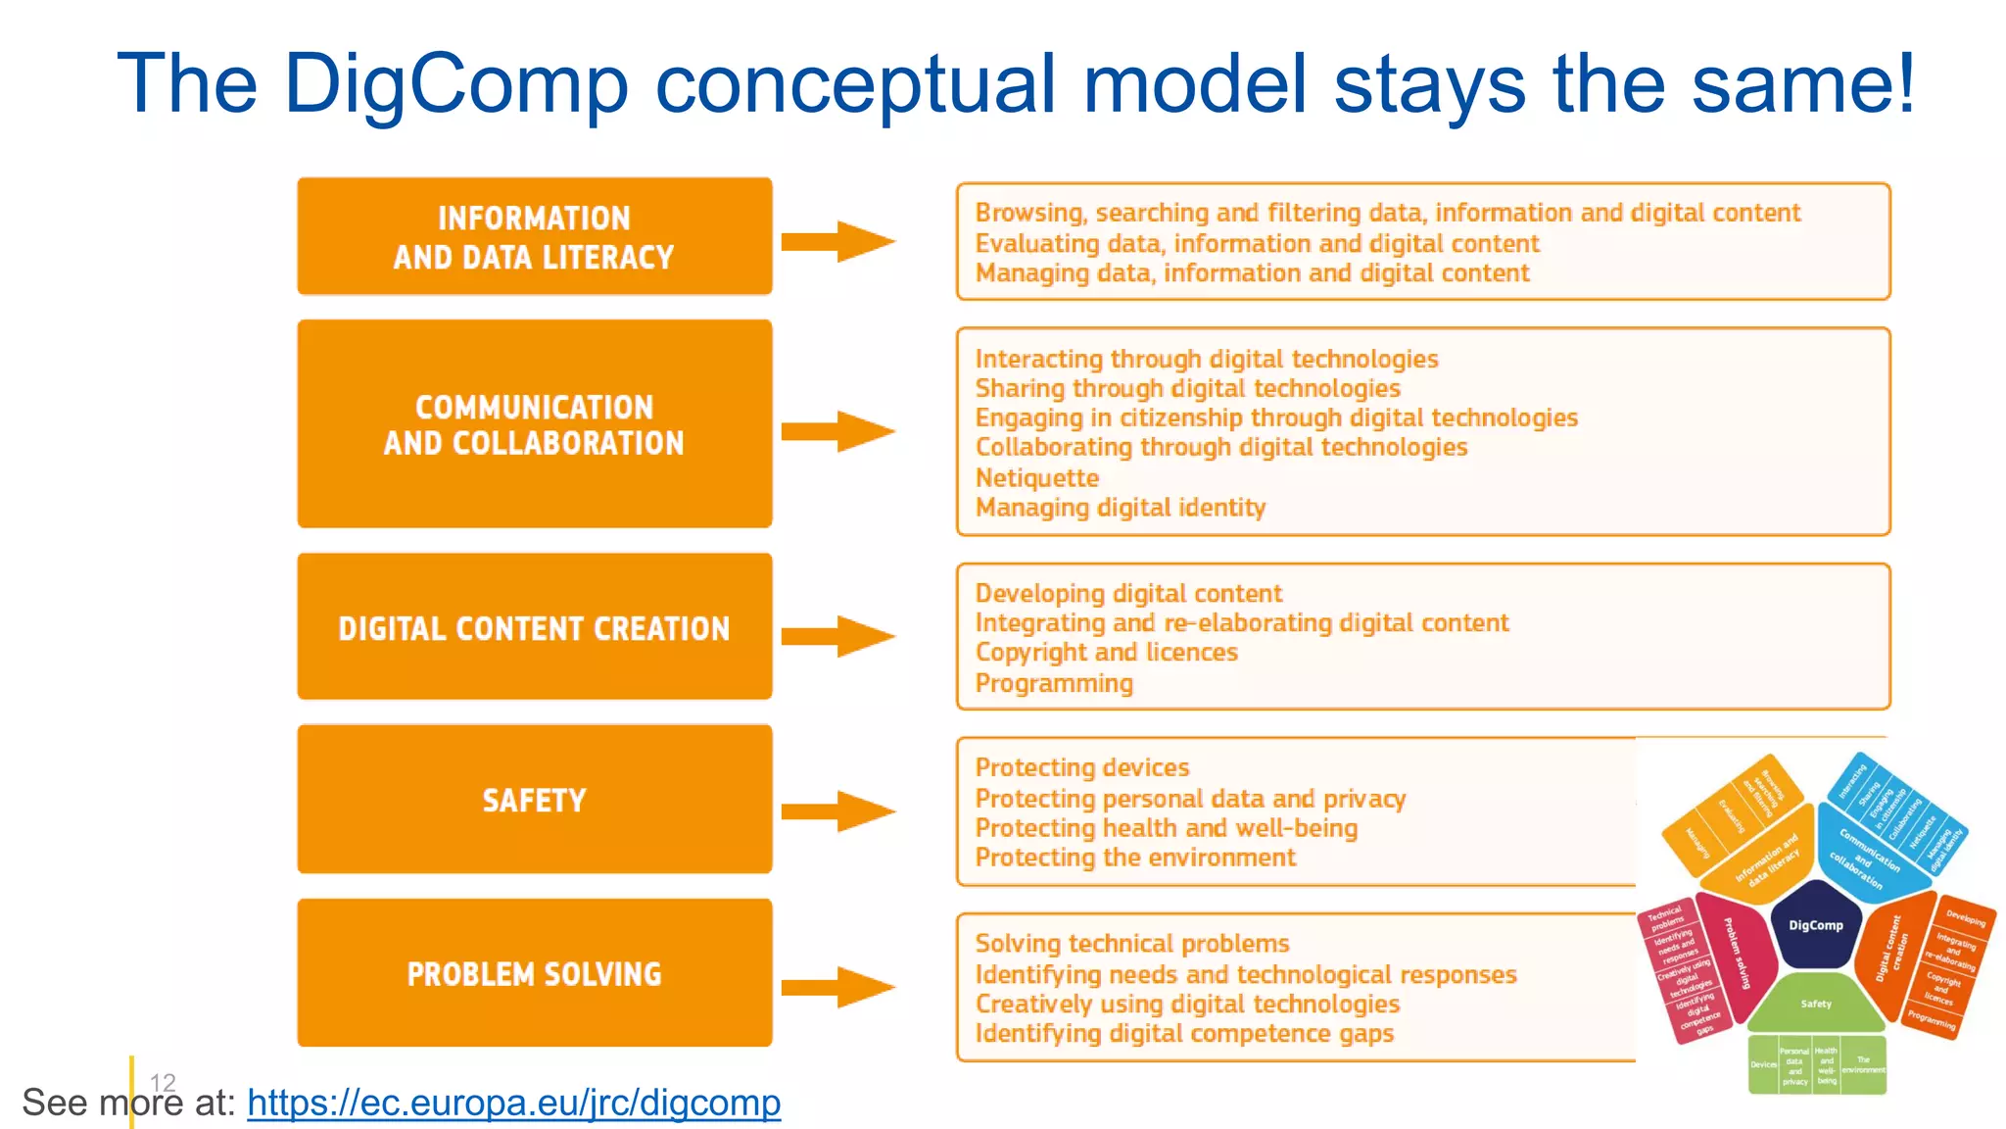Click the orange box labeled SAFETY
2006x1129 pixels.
pos(534,799)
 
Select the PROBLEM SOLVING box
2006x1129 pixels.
pos(534,972)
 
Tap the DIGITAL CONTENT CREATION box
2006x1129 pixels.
pos(534,626)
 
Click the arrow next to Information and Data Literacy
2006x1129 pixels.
pos(838,241)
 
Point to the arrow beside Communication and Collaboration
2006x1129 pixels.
pos(838,431)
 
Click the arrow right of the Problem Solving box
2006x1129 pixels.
pos(838,987)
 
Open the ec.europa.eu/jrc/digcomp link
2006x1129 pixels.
pos(513,1103)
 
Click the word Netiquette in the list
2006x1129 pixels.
pos(1036,477)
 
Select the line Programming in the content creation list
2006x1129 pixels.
pos(1054,682)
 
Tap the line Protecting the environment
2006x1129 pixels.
pos(1134,858)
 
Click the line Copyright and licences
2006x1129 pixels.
pos(1106,652)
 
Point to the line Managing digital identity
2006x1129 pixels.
pos(1120,507)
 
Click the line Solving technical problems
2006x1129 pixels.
pos(1131,943)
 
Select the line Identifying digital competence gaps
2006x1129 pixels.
pos(1183,1033)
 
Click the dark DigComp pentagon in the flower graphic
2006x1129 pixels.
pos(1815,925)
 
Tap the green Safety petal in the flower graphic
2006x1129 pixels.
pos(1815,1004)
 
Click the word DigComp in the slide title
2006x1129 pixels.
pos(455,84)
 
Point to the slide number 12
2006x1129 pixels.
pos(163,1082)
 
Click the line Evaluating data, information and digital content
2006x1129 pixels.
pos(1256,243)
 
